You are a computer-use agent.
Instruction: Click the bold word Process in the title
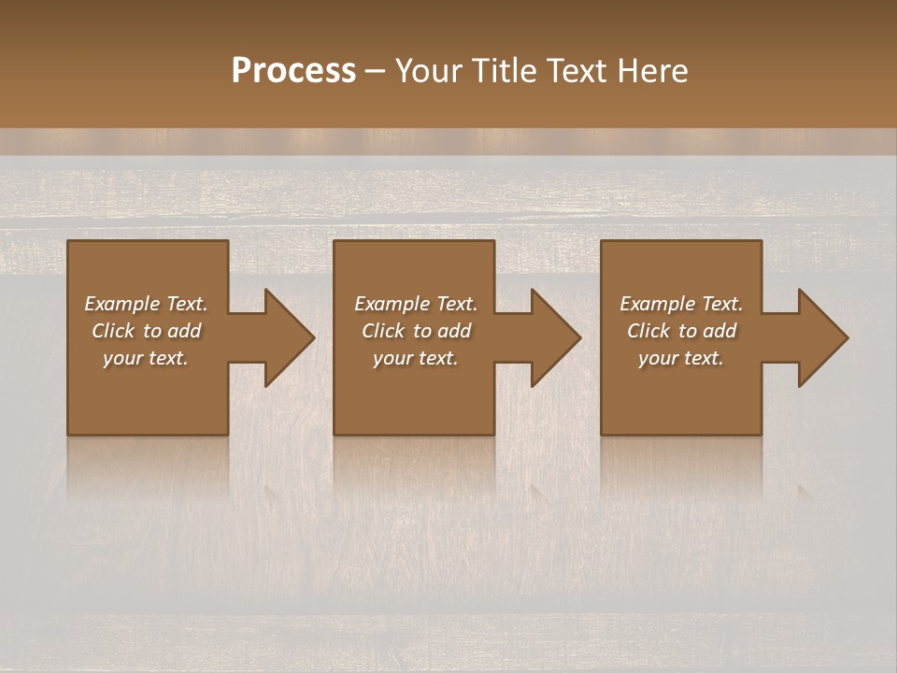[293, 71]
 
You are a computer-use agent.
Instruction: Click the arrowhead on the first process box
[286, 337]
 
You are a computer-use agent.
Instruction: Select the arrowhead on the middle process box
[552, 337]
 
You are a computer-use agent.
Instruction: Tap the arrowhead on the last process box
[819, 337]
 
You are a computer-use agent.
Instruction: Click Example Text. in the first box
[146, 304]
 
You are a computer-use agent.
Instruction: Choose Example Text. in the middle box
[416, 304]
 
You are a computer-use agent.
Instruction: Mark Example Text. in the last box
[681, 304]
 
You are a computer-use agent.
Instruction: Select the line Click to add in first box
[146, 331]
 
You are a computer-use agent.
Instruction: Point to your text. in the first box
[146, 358]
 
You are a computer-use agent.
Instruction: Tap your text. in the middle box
[416, 358]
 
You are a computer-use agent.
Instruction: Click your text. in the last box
[681, 358]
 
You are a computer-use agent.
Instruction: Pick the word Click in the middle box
[383, 331]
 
